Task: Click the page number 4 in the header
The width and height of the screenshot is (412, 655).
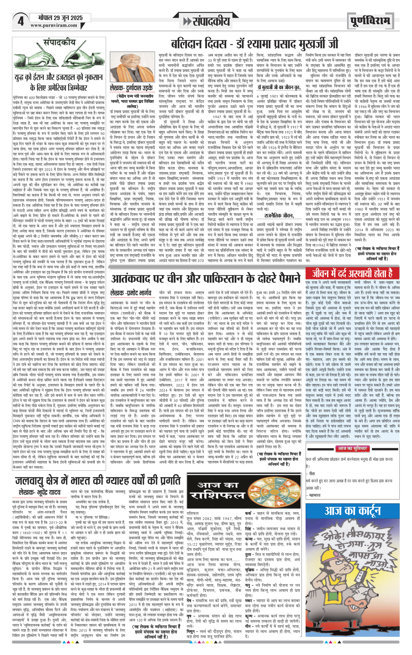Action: click(20, 21)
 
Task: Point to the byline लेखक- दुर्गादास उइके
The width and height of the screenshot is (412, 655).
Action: click(131, 88)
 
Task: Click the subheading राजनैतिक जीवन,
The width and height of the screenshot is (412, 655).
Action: click(279, 215)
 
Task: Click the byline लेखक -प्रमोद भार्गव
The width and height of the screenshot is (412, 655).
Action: click(131, 293)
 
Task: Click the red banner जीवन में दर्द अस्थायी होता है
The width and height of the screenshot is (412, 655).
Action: click(352, 274)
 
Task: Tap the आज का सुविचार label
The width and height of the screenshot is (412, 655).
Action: click(352, 448)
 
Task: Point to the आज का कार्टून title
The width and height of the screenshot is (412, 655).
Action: click(352, 511)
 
